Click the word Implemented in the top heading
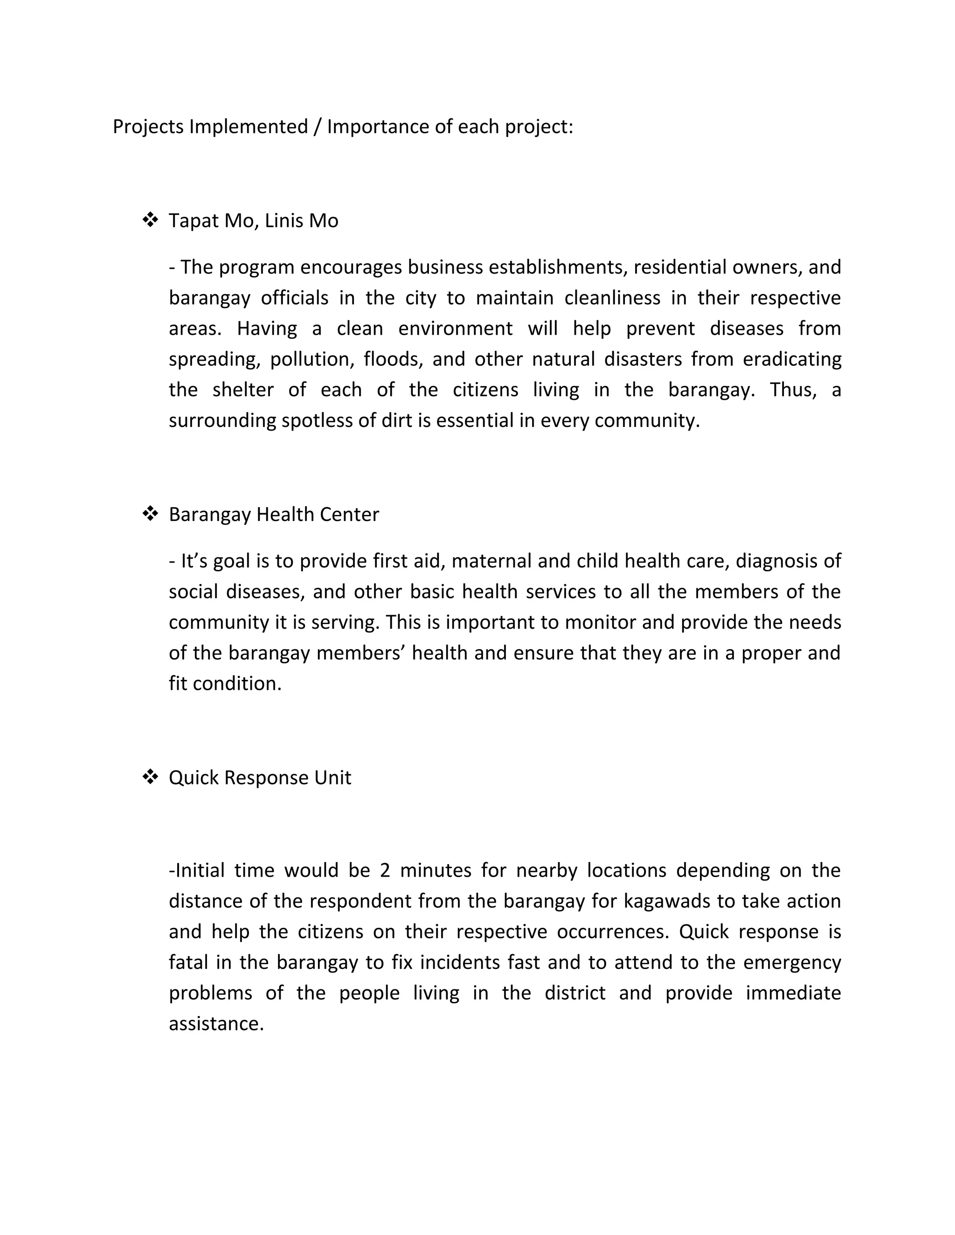pos(249,127)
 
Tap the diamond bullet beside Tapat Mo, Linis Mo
pos(150,220)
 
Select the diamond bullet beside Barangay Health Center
pos(150,514)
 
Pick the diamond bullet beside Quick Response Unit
pos(150,776)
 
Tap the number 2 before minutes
pos(385,870)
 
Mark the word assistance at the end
pos(216,1023)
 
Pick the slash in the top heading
pos(318,127)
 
